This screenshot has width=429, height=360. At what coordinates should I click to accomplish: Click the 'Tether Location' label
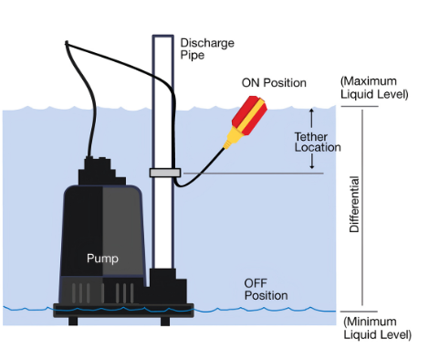click(x=317, y=142)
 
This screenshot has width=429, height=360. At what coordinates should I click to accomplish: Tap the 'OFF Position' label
click(x=266, y=289)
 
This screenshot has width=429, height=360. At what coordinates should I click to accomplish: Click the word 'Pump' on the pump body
click(x=102, y=259)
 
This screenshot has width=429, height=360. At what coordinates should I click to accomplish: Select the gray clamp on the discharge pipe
click(x=163, y=173)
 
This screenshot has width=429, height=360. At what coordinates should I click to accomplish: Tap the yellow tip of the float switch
click(x=226, y=140)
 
